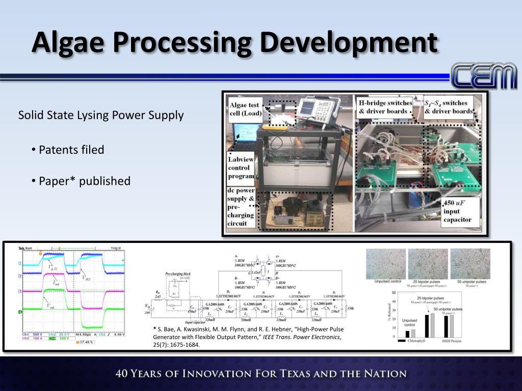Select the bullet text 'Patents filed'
coord(71,150)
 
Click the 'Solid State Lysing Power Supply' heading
coord(101,115)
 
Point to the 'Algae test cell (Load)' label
coord(244,109)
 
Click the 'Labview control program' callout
coord(241,167)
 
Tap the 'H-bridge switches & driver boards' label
coord(383,107)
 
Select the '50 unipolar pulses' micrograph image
coord(469,263)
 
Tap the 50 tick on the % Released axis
coord(394,293)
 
